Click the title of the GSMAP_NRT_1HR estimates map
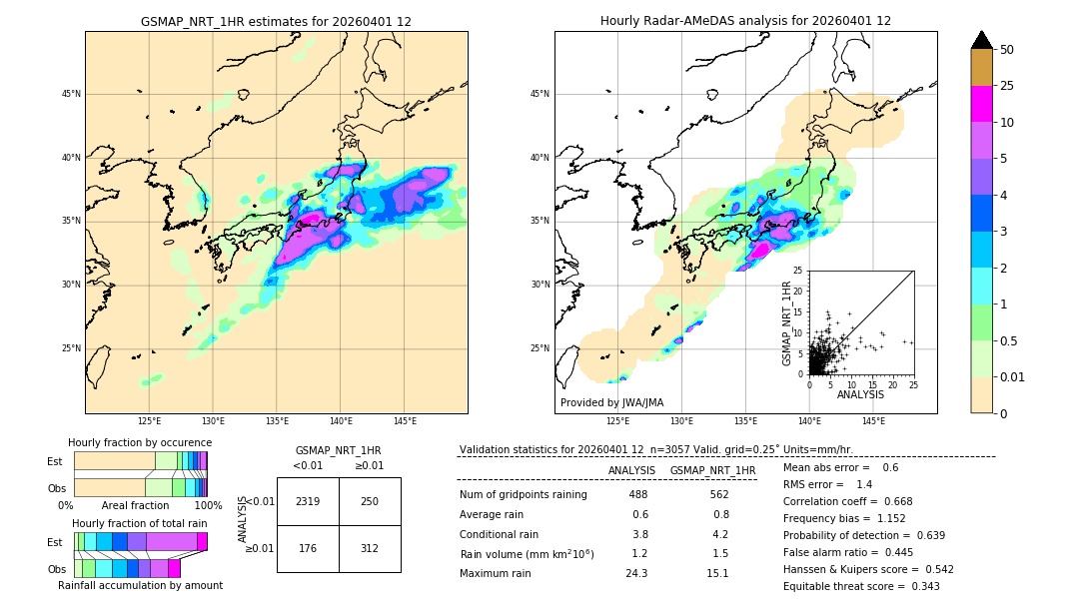(x=276, y=21)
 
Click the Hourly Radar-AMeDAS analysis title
(x=745, y=21)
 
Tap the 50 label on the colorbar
(x=1007, y=50)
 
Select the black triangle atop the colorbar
(x=982, y=40)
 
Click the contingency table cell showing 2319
(x=308, y=501)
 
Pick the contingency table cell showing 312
(x=370, y=547)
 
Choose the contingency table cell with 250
(x=370, y=501)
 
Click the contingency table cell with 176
(x=308, y=547)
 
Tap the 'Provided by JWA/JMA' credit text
(x=611, y=402)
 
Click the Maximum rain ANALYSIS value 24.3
(x=638, y=573)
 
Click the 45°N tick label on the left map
(x=71, y=94)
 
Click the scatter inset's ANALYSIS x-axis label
(x=860, y=394)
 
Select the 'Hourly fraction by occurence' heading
(x=140, y=442)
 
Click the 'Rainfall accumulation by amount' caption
(x=141, y=585)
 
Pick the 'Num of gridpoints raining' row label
(x=524, y=495)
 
